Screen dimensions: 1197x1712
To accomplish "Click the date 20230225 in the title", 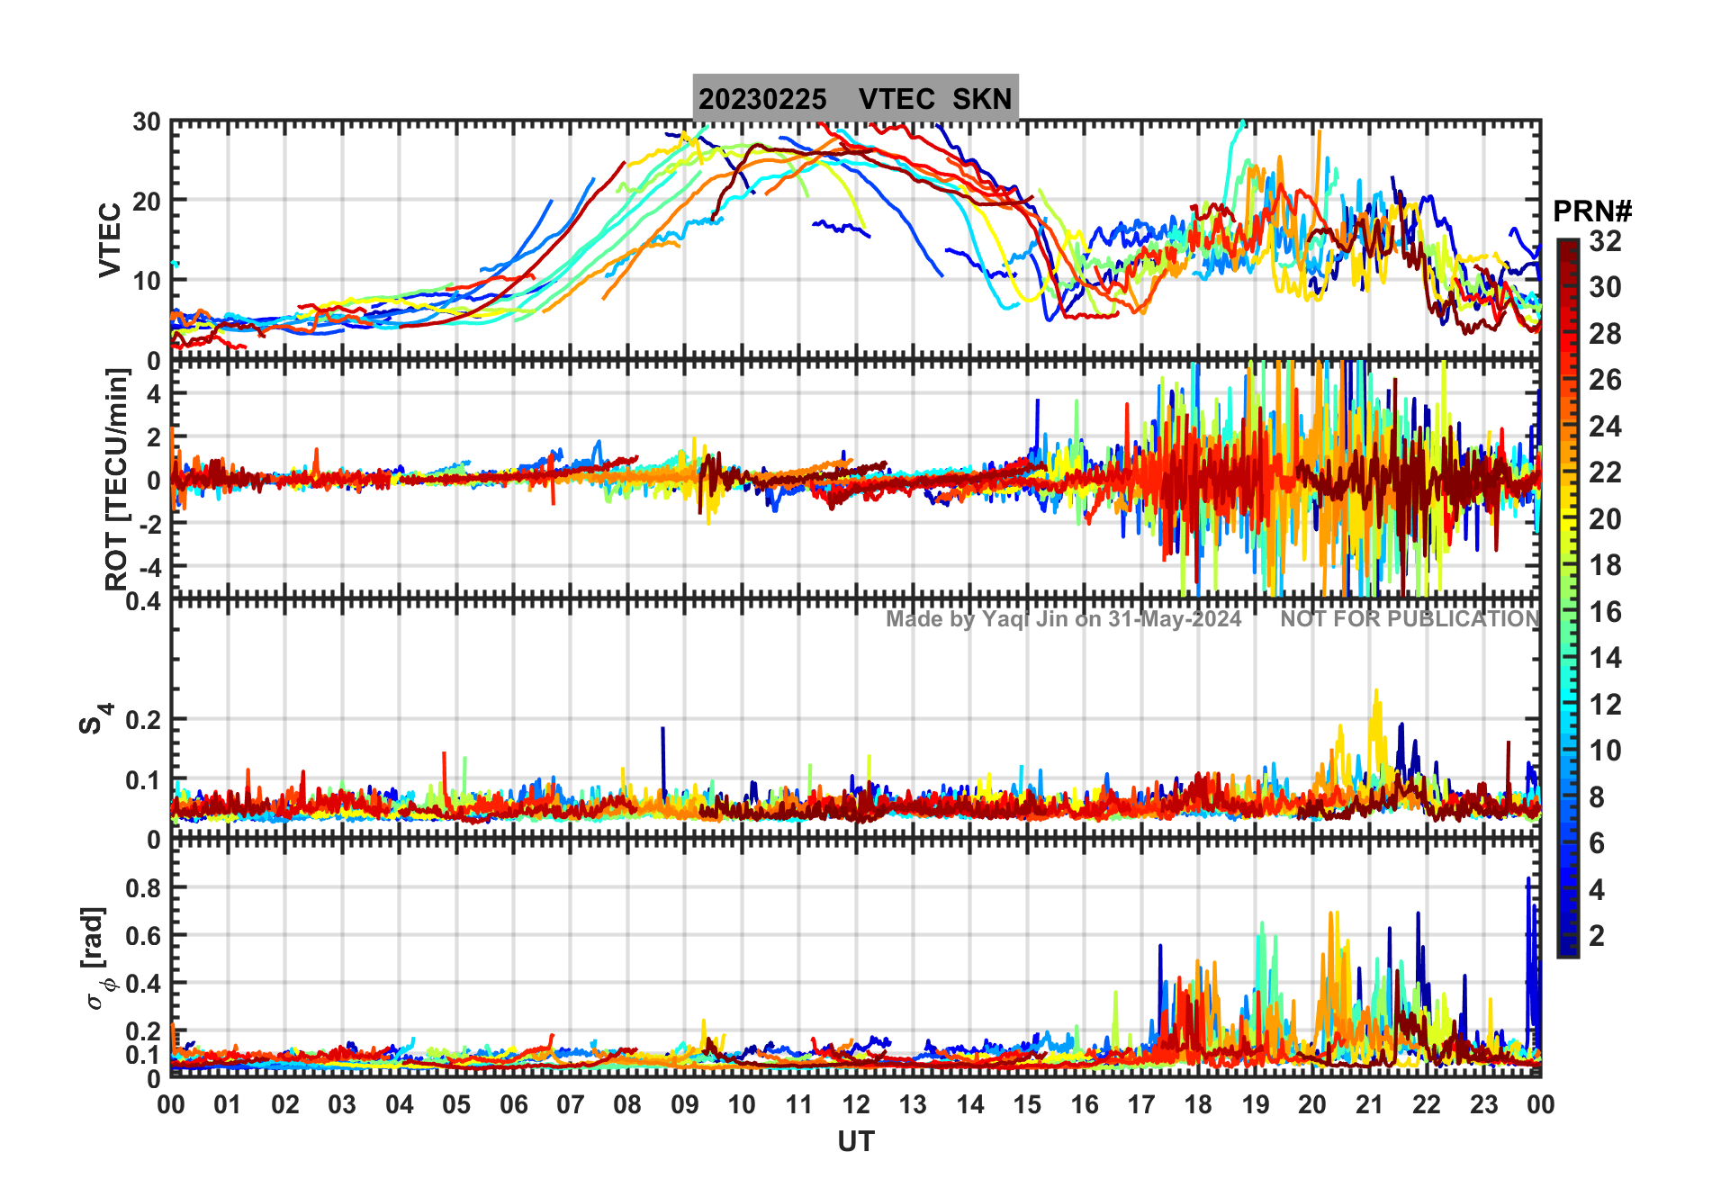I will pyautogui.click(x=762, y=99).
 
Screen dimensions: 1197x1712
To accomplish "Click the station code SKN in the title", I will pyautogui.click(x=982, y=99).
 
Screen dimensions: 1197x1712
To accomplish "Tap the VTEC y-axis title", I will pyautogui.click(x=110, y=239).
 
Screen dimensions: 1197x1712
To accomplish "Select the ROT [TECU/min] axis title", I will pyautogui.click(x=117, y=479).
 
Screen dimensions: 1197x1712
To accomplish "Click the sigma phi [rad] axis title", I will pyautogui.click(x=97, y=958).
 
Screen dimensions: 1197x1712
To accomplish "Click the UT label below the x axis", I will pyautogui.click(x=855, y=1142).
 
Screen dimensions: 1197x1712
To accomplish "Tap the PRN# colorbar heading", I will pyautogui.click(x=1592, y=211).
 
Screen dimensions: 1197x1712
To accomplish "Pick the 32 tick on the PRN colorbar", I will pyautogui.click(x=1605, y=241).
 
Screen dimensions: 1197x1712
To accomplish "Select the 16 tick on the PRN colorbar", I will pyautogui.click(x=1605, y=612).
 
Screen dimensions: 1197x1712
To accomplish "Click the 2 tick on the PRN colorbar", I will pyautogui.click(x=1597, y=936).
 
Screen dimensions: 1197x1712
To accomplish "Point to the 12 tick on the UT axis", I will pyautogui.click(x=856, y=1105).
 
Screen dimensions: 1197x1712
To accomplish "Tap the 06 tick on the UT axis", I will pyautogui.click(x=514, y=1105).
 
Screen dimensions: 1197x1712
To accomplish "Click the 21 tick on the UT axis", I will pyautogui.click(x=1369, y=1105).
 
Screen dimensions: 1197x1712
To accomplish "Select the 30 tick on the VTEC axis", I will pyautogui.click(x=147, y=122).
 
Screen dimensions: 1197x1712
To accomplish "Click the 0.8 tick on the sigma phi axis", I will pyautogui.click(x=143, y=888).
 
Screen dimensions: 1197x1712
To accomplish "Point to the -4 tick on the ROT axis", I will pyautogui.click(x=148, y=568).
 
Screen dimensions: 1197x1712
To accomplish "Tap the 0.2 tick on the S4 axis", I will pyautogui.click(x=143, y=720).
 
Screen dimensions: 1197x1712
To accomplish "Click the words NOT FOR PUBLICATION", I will pyautogui.click(x=1410, y=619).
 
